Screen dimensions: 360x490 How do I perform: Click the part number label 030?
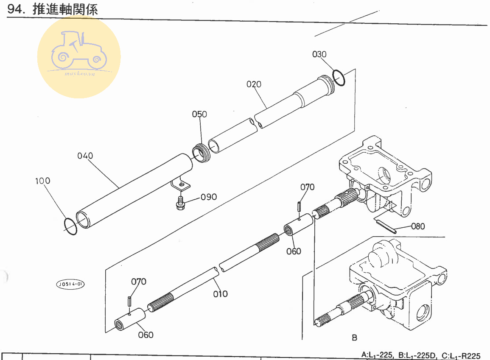click(319, 54)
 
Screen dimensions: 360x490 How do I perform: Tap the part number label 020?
click(254, 84)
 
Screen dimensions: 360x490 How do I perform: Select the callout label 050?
click(199, 114)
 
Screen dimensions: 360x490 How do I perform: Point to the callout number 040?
click(85, 156)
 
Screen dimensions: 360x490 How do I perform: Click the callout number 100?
click(43, 181)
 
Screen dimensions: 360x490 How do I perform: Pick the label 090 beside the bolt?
click(209, 197)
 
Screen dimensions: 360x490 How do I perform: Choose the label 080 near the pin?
click(418, 226)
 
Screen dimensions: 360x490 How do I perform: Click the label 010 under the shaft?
click(221, 294)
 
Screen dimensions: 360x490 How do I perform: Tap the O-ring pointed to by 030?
click(339, 77)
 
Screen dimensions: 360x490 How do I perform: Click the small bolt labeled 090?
click(180, 203)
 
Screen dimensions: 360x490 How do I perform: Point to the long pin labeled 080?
click(385, 226)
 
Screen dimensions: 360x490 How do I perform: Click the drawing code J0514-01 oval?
click(70, 284)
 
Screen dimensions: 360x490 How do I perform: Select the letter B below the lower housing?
click(354, 338)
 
